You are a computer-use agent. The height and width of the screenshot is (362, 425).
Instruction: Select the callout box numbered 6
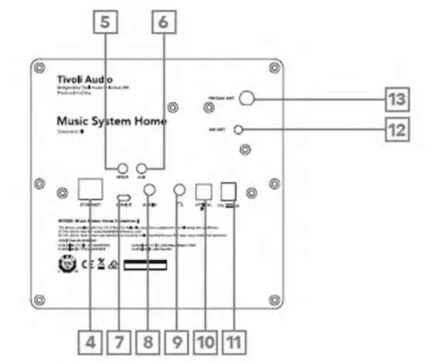[161, 24]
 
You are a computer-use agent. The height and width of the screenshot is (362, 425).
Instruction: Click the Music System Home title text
[111, 122]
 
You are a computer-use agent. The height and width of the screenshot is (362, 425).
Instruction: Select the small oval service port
[122, 197]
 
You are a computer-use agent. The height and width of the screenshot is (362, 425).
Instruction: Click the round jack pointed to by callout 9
[179, 190]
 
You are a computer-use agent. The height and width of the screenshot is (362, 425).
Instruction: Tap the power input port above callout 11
[229, 190]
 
